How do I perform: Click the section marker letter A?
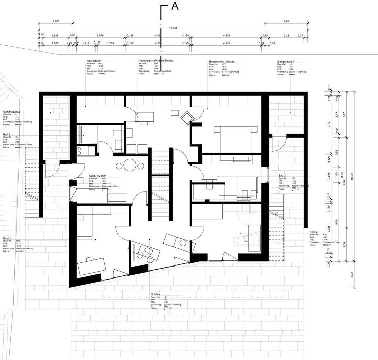point(175,6)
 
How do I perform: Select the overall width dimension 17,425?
point(173,28)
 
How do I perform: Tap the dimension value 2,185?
point(56,22)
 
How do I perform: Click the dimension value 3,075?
point(100,36)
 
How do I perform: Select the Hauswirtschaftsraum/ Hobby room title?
point(156,61)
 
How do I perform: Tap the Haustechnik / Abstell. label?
point(222,62)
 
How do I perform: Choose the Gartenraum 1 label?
point(286,62)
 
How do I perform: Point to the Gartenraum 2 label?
point(12,112)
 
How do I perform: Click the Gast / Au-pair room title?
point(100,176)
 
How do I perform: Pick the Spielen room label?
point(155,294)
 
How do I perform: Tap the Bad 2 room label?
point(282,176)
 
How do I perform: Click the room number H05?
point(105,64)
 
